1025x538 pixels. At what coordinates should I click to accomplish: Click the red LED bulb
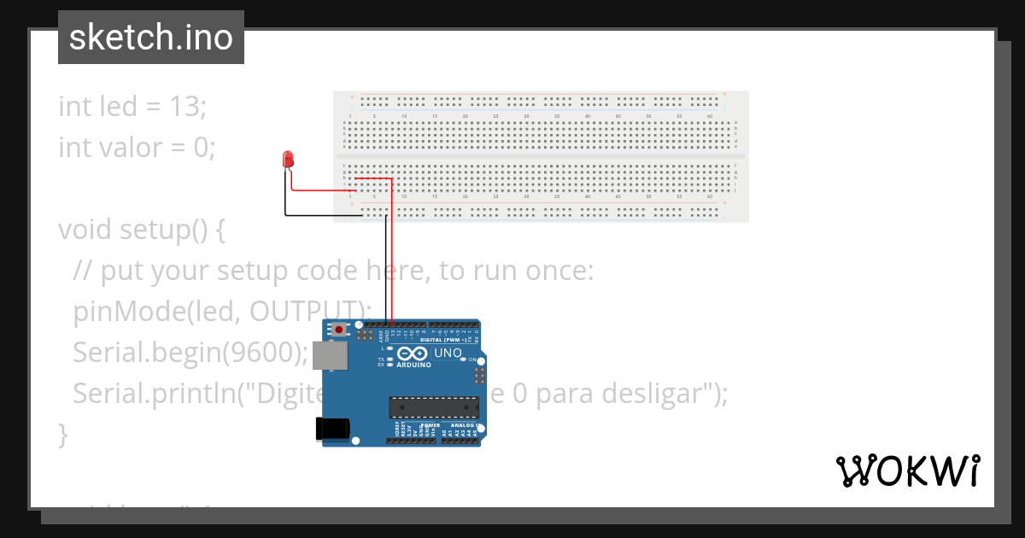pyautogui.click(x=288, y=159)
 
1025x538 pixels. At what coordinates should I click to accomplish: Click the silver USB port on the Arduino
pyautogui.click(x=329, y=355)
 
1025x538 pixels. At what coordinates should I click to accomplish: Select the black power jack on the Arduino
pyautogui.click(x=332, y=429)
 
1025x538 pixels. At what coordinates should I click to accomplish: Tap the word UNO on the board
pyautogui.click(x=448, y=353)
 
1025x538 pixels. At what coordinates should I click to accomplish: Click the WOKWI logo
pyautogui.click(x=907, y=471)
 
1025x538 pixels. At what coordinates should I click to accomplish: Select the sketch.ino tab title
pyautogui.click(x=151, y=38)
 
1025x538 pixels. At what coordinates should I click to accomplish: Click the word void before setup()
pyautogui.click(x=85, y=230)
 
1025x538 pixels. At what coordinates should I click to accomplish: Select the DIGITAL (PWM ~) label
pyautogui.click(x=442, y=340)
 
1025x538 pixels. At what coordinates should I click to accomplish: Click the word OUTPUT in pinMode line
pyautogui.click(x=304, y=311)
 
